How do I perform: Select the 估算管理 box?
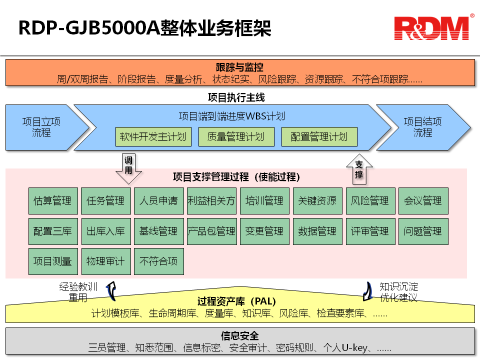tap(52, 201)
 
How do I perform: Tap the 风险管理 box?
tap(370, 201)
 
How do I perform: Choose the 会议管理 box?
tap(423, 201)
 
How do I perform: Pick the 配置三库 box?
tap(52, 231)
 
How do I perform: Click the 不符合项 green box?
tap(158, 261)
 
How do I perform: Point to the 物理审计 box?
tap(105, 261)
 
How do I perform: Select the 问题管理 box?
tap(423, 231)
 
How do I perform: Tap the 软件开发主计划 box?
tap(153, 137)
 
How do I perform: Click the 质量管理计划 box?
tap(236, 137)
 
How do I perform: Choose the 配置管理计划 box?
tap(319, 137)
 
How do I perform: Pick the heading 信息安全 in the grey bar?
tap(239, 336)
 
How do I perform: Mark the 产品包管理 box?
tap(211, 231)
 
